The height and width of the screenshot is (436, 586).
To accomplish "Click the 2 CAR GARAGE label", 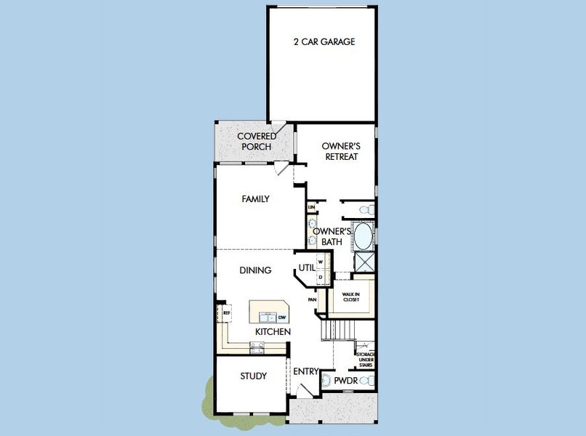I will click(x=325, y=41).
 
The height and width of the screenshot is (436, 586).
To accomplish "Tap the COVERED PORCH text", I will click(x=256, y=142).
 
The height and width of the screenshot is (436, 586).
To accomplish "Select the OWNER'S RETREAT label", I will click(x=341, y=150).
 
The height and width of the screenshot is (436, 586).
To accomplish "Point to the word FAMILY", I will click(x=255, y=198).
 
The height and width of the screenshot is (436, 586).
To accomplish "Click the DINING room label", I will click(x=255, y=270).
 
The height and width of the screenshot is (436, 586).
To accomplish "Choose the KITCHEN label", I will click(x=273, y=331).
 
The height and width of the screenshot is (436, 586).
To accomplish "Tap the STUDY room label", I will click(x=253, y=376).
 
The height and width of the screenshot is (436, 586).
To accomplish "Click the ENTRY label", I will click(x=305, y=371).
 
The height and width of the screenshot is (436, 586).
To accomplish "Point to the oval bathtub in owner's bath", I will click(x=363, y=236).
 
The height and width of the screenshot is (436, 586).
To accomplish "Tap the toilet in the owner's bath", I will click(x=367, y=209).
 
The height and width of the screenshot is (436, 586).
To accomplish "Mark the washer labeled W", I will click(x=320, y=262).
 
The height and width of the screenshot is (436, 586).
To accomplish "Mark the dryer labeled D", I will click(x=320, y=277).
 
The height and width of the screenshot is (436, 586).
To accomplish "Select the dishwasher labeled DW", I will click(x=281, y=317).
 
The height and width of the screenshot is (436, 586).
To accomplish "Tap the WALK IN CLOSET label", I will click(x=352, y=297).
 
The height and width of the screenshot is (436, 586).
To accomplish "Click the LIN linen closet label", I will click(x=311, y=208).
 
